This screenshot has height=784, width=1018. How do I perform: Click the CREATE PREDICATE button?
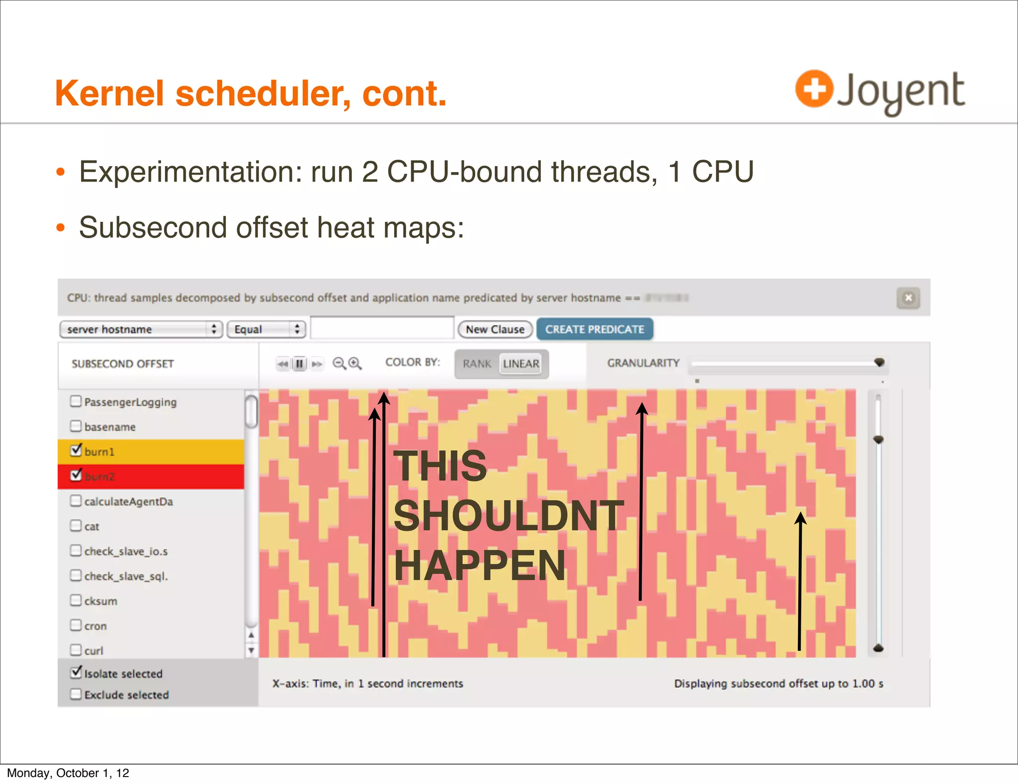594,329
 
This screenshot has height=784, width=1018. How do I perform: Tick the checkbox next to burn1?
76,450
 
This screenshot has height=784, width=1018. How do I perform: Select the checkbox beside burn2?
76,475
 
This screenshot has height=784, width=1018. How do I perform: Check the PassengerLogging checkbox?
76,401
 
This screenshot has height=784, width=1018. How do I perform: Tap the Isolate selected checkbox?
76,673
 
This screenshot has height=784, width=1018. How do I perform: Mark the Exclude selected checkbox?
76,694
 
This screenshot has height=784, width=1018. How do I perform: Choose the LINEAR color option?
520,364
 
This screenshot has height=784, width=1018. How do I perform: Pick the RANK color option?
477,364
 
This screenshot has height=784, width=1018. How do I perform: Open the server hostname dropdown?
141,329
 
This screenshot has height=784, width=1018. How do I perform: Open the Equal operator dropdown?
266,329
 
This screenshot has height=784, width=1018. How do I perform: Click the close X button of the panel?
908,298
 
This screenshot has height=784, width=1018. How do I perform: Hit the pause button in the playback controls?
299,364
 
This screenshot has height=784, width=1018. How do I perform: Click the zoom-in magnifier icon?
355,364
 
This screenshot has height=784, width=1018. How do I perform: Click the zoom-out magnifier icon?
339,364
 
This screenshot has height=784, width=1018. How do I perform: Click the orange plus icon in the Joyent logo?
814,89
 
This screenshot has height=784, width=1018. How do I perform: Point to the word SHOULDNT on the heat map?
508,516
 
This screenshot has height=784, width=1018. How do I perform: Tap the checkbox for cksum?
76,600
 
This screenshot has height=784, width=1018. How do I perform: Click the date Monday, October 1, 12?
68,773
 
